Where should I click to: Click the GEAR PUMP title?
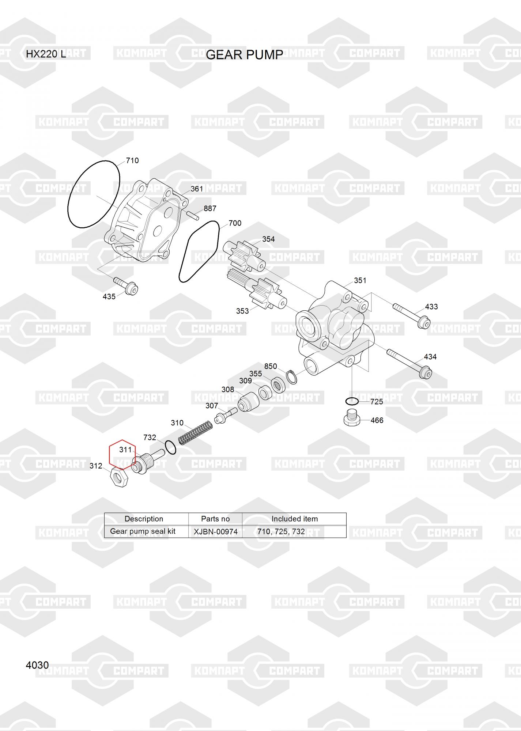tap(245, 55)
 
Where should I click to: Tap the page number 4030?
tap(37, 665)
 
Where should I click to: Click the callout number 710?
tap(132, 160)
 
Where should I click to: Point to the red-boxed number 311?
tap(125, 450)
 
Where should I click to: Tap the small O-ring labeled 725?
tap(352, 401)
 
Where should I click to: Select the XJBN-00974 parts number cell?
tap(215, 531)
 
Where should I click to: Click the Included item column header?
tap(294, 519)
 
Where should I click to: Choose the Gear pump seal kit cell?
tap(143, 531)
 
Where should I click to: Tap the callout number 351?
tap(360, 280)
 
